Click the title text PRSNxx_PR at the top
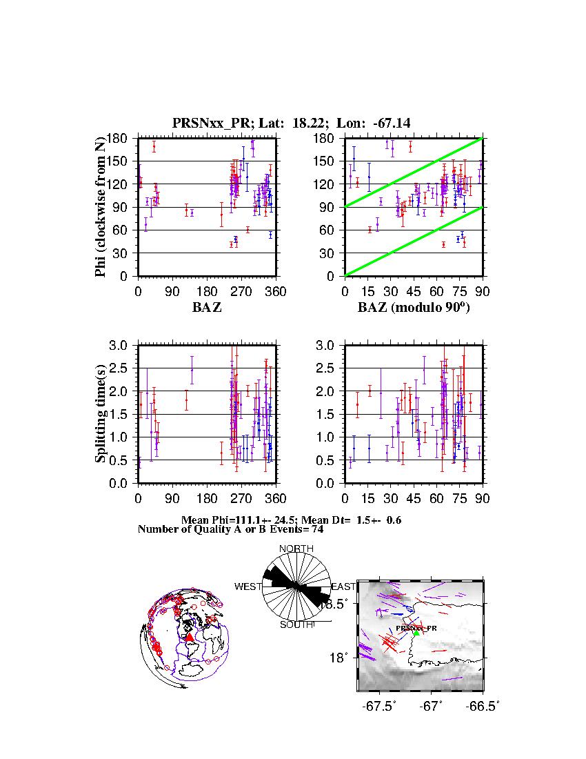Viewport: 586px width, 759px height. tap(204, 124)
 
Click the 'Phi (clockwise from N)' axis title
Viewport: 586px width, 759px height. tap(101, 206)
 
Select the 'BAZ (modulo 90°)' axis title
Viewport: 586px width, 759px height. tap(413, 308)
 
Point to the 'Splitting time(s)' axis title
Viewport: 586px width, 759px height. tap(101, 413)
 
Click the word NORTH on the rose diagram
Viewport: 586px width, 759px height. tap(296, 549)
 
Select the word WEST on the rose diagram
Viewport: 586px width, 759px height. tap(248, 586)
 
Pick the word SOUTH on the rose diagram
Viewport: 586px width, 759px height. tap(296, 624)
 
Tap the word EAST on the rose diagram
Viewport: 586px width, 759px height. tap(343, 586)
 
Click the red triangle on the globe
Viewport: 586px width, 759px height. tap(190, 637)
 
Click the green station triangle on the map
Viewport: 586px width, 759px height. tap(416, 633)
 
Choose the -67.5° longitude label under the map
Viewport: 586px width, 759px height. tap(380, 707)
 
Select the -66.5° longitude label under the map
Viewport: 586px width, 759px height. tap(483, 707)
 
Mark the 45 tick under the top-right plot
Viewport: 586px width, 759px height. tap(414, 291)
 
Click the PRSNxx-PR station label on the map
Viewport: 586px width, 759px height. tap(417, 628)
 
